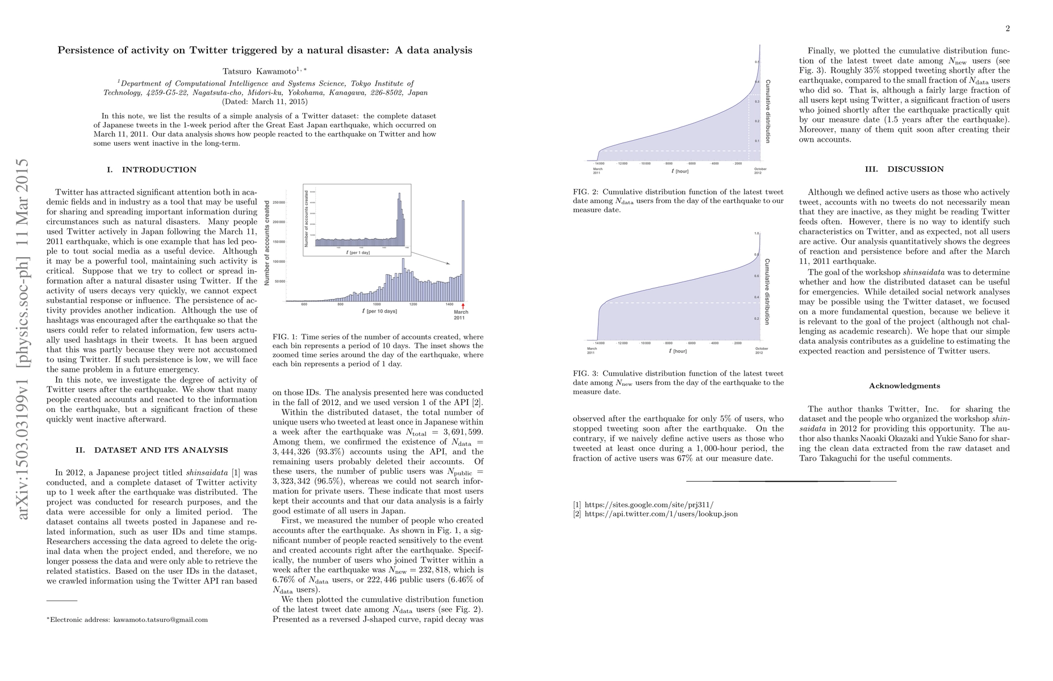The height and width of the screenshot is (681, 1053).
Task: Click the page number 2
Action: [1007, 29]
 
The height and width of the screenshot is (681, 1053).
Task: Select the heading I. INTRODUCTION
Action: [151, 170]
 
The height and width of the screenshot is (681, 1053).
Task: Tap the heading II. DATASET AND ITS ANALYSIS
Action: [152, 450]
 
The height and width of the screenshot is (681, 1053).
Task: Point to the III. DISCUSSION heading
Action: [904, 169]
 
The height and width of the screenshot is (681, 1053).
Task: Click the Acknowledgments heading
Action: [904, 386]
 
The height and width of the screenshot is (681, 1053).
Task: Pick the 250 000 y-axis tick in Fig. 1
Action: [278, 203]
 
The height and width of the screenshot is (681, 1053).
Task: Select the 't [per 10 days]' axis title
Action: [379, 312]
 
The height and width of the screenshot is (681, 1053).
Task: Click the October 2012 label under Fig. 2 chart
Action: [760, 171]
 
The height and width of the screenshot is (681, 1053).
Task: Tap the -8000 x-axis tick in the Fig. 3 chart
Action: [668, 343]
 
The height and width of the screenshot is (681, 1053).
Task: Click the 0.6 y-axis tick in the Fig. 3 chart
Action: [756, 276]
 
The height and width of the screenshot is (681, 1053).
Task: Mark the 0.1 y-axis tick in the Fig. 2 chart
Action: [756, 141]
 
